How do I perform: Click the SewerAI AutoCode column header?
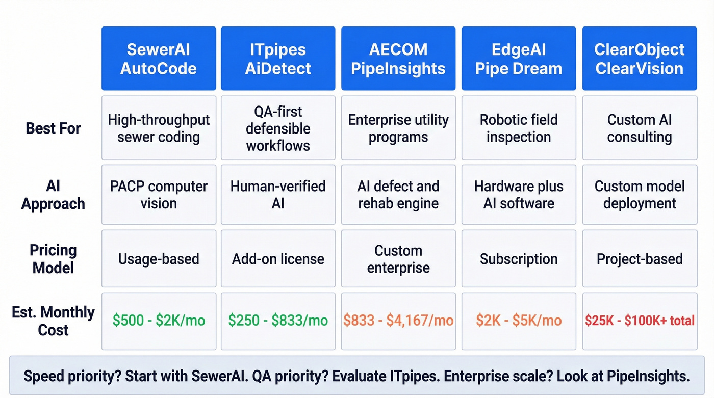click(159, 59)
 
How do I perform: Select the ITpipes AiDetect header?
click(278, 59)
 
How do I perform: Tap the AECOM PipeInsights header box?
click(398, 59)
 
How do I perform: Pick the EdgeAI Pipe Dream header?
click(519, 59)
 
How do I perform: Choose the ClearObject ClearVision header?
click(640, 59)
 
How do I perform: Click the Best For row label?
click(53, 128)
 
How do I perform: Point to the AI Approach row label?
click(53, 195)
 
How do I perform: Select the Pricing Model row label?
click(53, 259)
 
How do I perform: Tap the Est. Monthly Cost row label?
click(53, 321)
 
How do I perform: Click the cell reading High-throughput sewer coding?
click(159, 128)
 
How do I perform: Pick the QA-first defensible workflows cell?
click(278, 128)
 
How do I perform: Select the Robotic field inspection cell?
click(519, 128)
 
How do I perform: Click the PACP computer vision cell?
click(159, 195)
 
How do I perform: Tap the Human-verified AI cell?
click(278, 195)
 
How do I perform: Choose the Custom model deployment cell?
click(640, 195)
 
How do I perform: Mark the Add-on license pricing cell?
click(278, 259)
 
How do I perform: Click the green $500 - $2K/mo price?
click(159, 321)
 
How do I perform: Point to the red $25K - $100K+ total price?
click(640, 321)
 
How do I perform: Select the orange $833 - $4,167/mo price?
click(398, 321)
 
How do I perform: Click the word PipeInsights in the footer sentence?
click(648, 377)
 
